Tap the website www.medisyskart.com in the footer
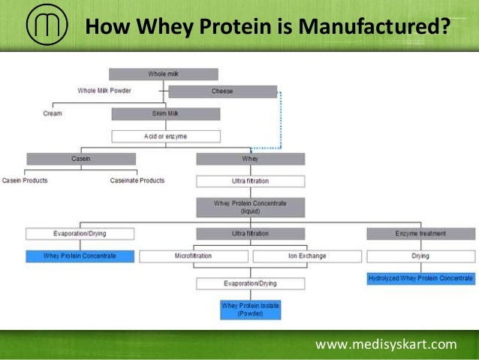[386, 345]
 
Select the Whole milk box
[164, 74]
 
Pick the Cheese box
[222, 92]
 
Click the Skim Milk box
[166, 114]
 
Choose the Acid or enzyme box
[166, 136]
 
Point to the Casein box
[80, 159]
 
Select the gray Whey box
[250, 159]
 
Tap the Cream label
[53, 113]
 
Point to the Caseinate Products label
[137, 180]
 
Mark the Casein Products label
[27, 180]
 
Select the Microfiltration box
[194, 256]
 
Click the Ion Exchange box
[307, 256]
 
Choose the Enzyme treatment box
[420, 234]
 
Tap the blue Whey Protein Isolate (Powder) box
[251, 310]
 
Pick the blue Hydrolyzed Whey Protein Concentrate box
[420, 278]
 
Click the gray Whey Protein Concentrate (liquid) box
[251, 207]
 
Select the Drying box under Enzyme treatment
[420, 256]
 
